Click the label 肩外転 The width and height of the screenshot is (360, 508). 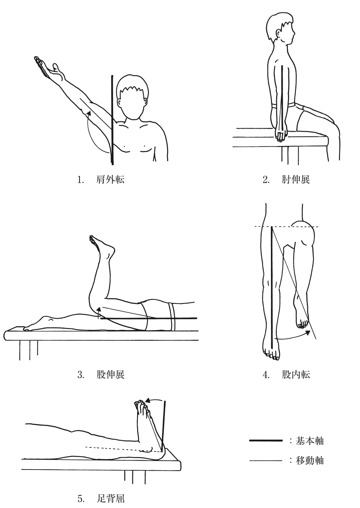click(110, 180)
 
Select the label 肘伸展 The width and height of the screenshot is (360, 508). click(296, 180)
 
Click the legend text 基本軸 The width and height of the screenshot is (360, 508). click(309, 441)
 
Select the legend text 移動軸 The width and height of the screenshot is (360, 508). click(309, 461)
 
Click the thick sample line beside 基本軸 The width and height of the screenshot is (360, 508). click(266, 440)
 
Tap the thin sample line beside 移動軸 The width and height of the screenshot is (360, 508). click(266, 461)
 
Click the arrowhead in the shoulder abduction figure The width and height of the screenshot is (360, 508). click(89, 113)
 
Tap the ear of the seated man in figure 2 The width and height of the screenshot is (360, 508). click(278, 34)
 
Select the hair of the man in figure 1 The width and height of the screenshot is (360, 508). click(133, 85)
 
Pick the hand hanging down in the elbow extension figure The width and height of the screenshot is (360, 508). click(281, 135)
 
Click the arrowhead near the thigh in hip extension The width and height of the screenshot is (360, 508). click(98, 309)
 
